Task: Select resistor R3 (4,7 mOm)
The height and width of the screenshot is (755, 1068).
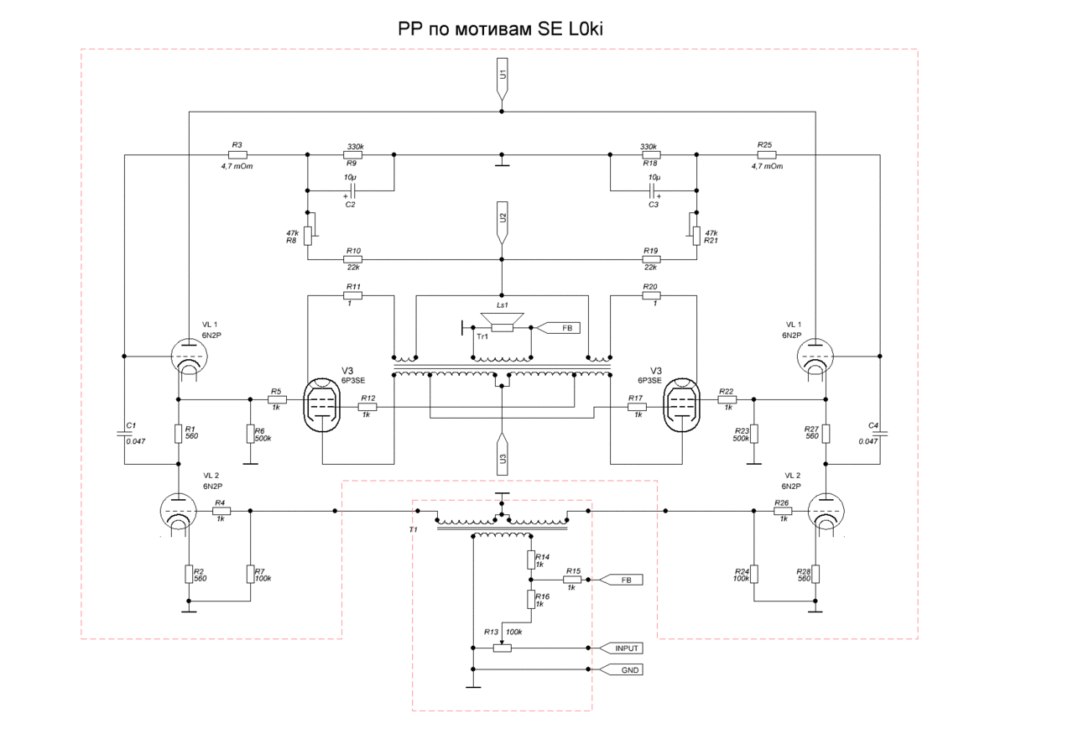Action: coord(237,155)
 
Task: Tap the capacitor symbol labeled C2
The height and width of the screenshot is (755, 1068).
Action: coord(352,191)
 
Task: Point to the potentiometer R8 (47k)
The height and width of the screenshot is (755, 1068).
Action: coord(308,236)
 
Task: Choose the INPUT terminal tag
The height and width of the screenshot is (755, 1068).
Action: coord(621,648)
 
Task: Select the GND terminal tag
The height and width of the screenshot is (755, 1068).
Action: coord(621,670)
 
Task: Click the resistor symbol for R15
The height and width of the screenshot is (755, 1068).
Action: coord(573,580)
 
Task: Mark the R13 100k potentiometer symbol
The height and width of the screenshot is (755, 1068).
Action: coord(502,648)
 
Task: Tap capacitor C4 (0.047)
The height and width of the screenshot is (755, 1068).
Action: coord(881,434)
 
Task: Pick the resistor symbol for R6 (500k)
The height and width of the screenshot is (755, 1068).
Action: coord(250,434)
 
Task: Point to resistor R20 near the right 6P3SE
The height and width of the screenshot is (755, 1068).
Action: coord(650,295)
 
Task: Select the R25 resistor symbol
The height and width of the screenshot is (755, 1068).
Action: coord(766,155)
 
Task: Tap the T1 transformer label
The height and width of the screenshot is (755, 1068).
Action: coord(413,531)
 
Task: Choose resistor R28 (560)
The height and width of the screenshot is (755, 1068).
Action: coord(815,574)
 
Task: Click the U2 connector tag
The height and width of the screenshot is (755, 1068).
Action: coord(502,220)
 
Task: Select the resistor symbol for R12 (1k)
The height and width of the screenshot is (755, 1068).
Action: coord(367,407)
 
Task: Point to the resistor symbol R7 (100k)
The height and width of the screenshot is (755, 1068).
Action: coord(250,574)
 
